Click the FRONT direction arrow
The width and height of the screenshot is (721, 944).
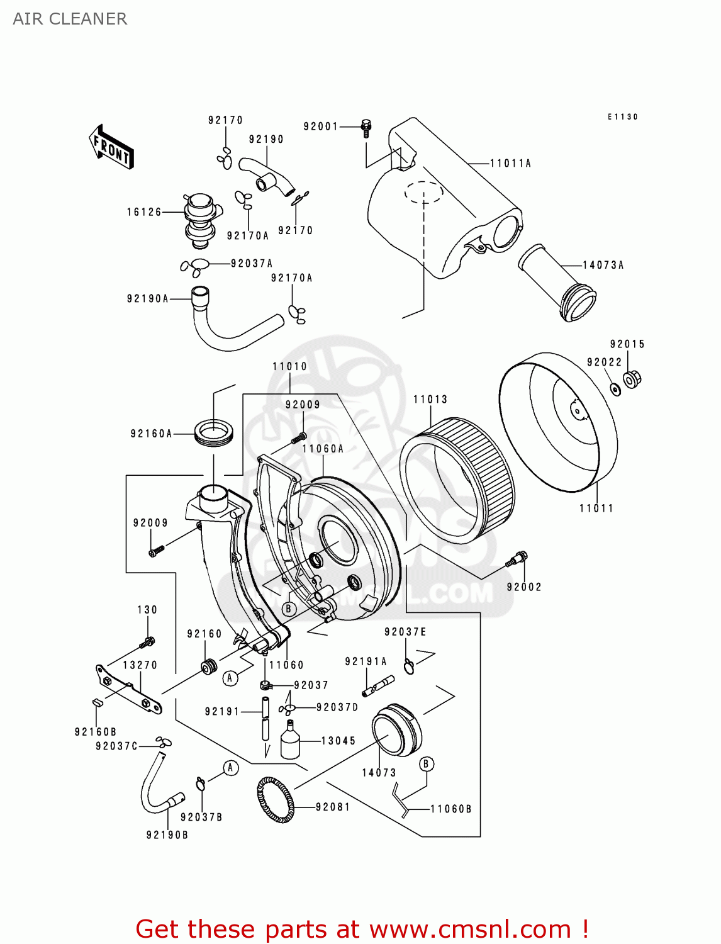pyautogui.click(x=111, y=147)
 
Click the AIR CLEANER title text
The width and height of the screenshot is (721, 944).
pyautogui.click(x=70, y=19)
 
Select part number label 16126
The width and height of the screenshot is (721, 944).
pyautogui.click(x=144, y=212)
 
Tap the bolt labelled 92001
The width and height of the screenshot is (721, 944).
pyautogui.click(x=366, y=128)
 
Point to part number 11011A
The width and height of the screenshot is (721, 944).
pyautogui.click(x=510, y=163)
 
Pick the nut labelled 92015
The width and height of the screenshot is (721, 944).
pyautogui.click(x=632, y=379)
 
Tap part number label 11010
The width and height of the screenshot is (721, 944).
pyautogui.click(x=289, y=366)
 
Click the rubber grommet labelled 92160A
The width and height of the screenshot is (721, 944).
pyautogui.click(x=215, y=433)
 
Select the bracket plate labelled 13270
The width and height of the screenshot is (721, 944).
pyautogui.click(x=128, y=689)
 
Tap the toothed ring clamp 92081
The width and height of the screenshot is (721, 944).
pyautogui.click(x=276, y=800)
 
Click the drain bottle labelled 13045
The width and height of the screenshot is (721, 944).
pyautogui.click(x=289, y=741)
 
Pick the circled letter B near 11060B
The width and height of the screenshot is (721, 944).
pyautogui.click(x=426, y=764)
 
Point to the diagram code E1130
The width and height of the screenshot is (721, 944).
pyautogui.click(x=622, y=117)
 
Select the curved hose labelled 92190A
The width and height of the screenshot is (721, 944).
pyautogui.click(x=226, y=327)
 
